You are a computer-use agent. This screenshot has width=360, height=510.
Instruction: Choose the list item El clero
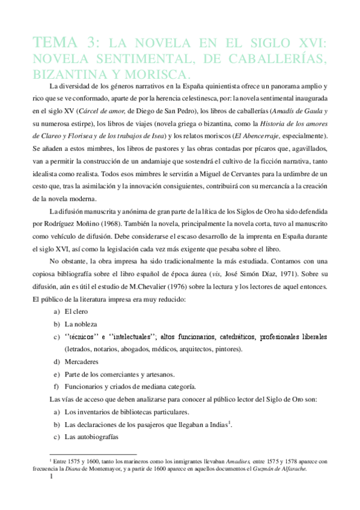point(77,312)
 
